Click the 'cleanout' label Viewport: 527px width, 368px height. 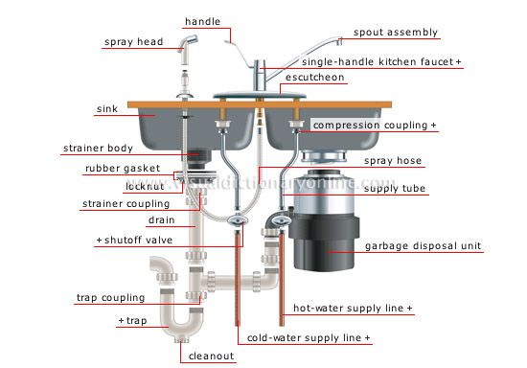[x=212, y=356]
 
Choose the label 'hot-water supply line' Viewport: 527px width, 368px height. [x=354, y=309]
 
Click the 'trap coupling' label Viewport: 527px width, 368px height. [x=110, y=297]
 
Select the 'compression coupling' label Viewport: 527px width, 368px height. [x=375, y=126]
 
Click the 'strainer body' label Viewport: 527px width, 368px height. [x=103, y=148]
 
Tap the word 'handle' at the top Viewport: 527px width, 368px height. [x=203, y=20]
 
